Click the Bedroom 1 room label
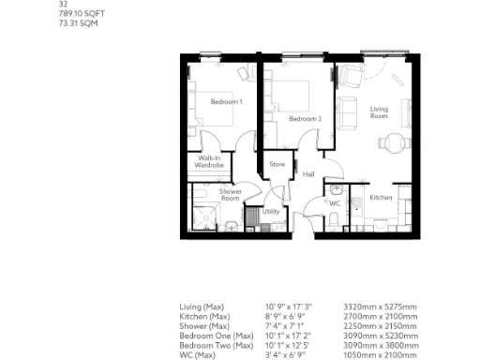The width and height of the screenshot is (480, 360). click(226, 101)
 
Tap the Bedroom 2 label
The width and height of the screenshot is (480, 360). click(305, 119)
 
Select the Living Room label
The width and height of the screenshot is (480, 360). click(379, 112)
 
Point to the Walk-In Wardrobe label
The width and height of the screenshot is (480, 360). click(209, 162)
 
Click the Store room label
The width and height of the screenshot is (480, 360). click(277, 165)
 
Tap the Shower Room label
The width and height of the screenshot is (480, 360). click(230, 195)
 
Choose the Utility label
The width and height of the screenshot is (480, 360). click(271, 212)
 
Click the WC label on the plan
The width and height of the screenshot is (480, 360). click(333, 202)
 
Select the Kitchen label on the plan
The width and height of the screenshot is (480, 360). click(380, 198)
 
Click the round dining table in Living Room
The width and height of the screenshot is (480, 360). click(395, 142)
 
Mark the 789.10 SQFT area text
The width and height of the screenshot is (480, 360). click(82, 15)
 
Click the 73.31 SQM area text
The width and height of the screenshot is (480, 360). click(79, 24)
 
